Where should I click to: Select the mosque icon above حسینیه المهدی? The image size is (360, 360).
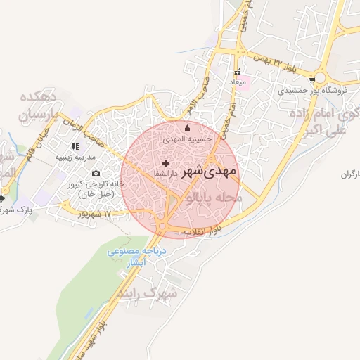click(187, 129)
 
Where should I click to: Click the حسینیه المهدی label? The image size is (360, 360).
click(187, 140)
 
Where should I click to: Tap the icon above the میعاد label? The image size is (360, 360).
click(238, 72)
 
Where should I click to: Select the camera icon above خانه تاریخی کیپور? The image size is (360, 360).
click(96, 173)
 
